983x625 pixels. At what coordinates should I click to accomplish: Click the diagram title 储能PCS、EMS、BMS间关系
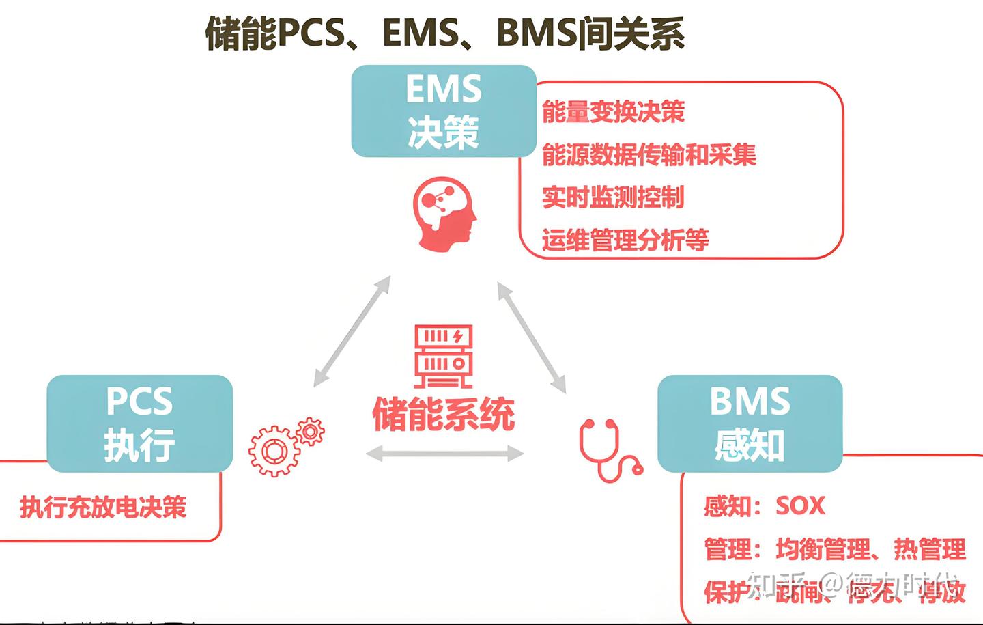(444, 33)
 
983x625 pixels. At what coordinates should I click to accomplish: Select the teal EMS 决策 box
(444, 111)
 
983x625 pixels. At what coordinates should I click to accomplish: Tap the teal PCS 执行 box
(140, 423)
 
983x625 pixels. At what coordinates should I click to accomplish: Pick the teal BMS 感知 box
(750, 423)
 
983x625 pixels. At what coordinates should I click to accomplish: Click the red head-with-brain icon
(444, 213)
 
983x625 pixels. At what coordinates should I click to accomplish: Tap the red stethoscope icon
(609, 450)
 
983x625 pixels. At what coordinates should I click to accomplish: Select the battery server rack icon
(443, 356)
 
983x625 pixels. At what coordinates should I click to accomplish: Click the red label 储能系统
(444, 414)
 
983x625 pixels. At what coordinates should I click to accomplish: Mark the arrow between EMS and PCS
(352, 331)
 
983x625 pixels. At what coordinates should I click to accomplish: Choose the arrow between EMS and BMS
(532, 337)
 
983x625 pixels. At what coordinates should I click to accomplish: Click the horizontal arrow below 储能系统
(445, 453)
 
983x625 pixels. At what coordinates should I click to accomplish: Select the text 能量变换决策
(613, 112)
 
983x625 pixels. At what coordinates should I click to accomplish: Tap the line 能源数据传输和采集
(649, 155)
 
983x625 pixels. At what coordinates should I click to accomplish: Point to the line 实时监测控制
(612, 197)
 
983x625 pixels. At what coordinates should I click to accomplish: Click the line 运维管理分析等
(625, 240)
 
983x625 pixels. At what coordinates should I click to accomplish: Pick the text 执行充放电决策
(103, 508)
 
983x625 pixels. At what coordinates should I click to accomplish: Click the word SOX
(800, 506)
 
